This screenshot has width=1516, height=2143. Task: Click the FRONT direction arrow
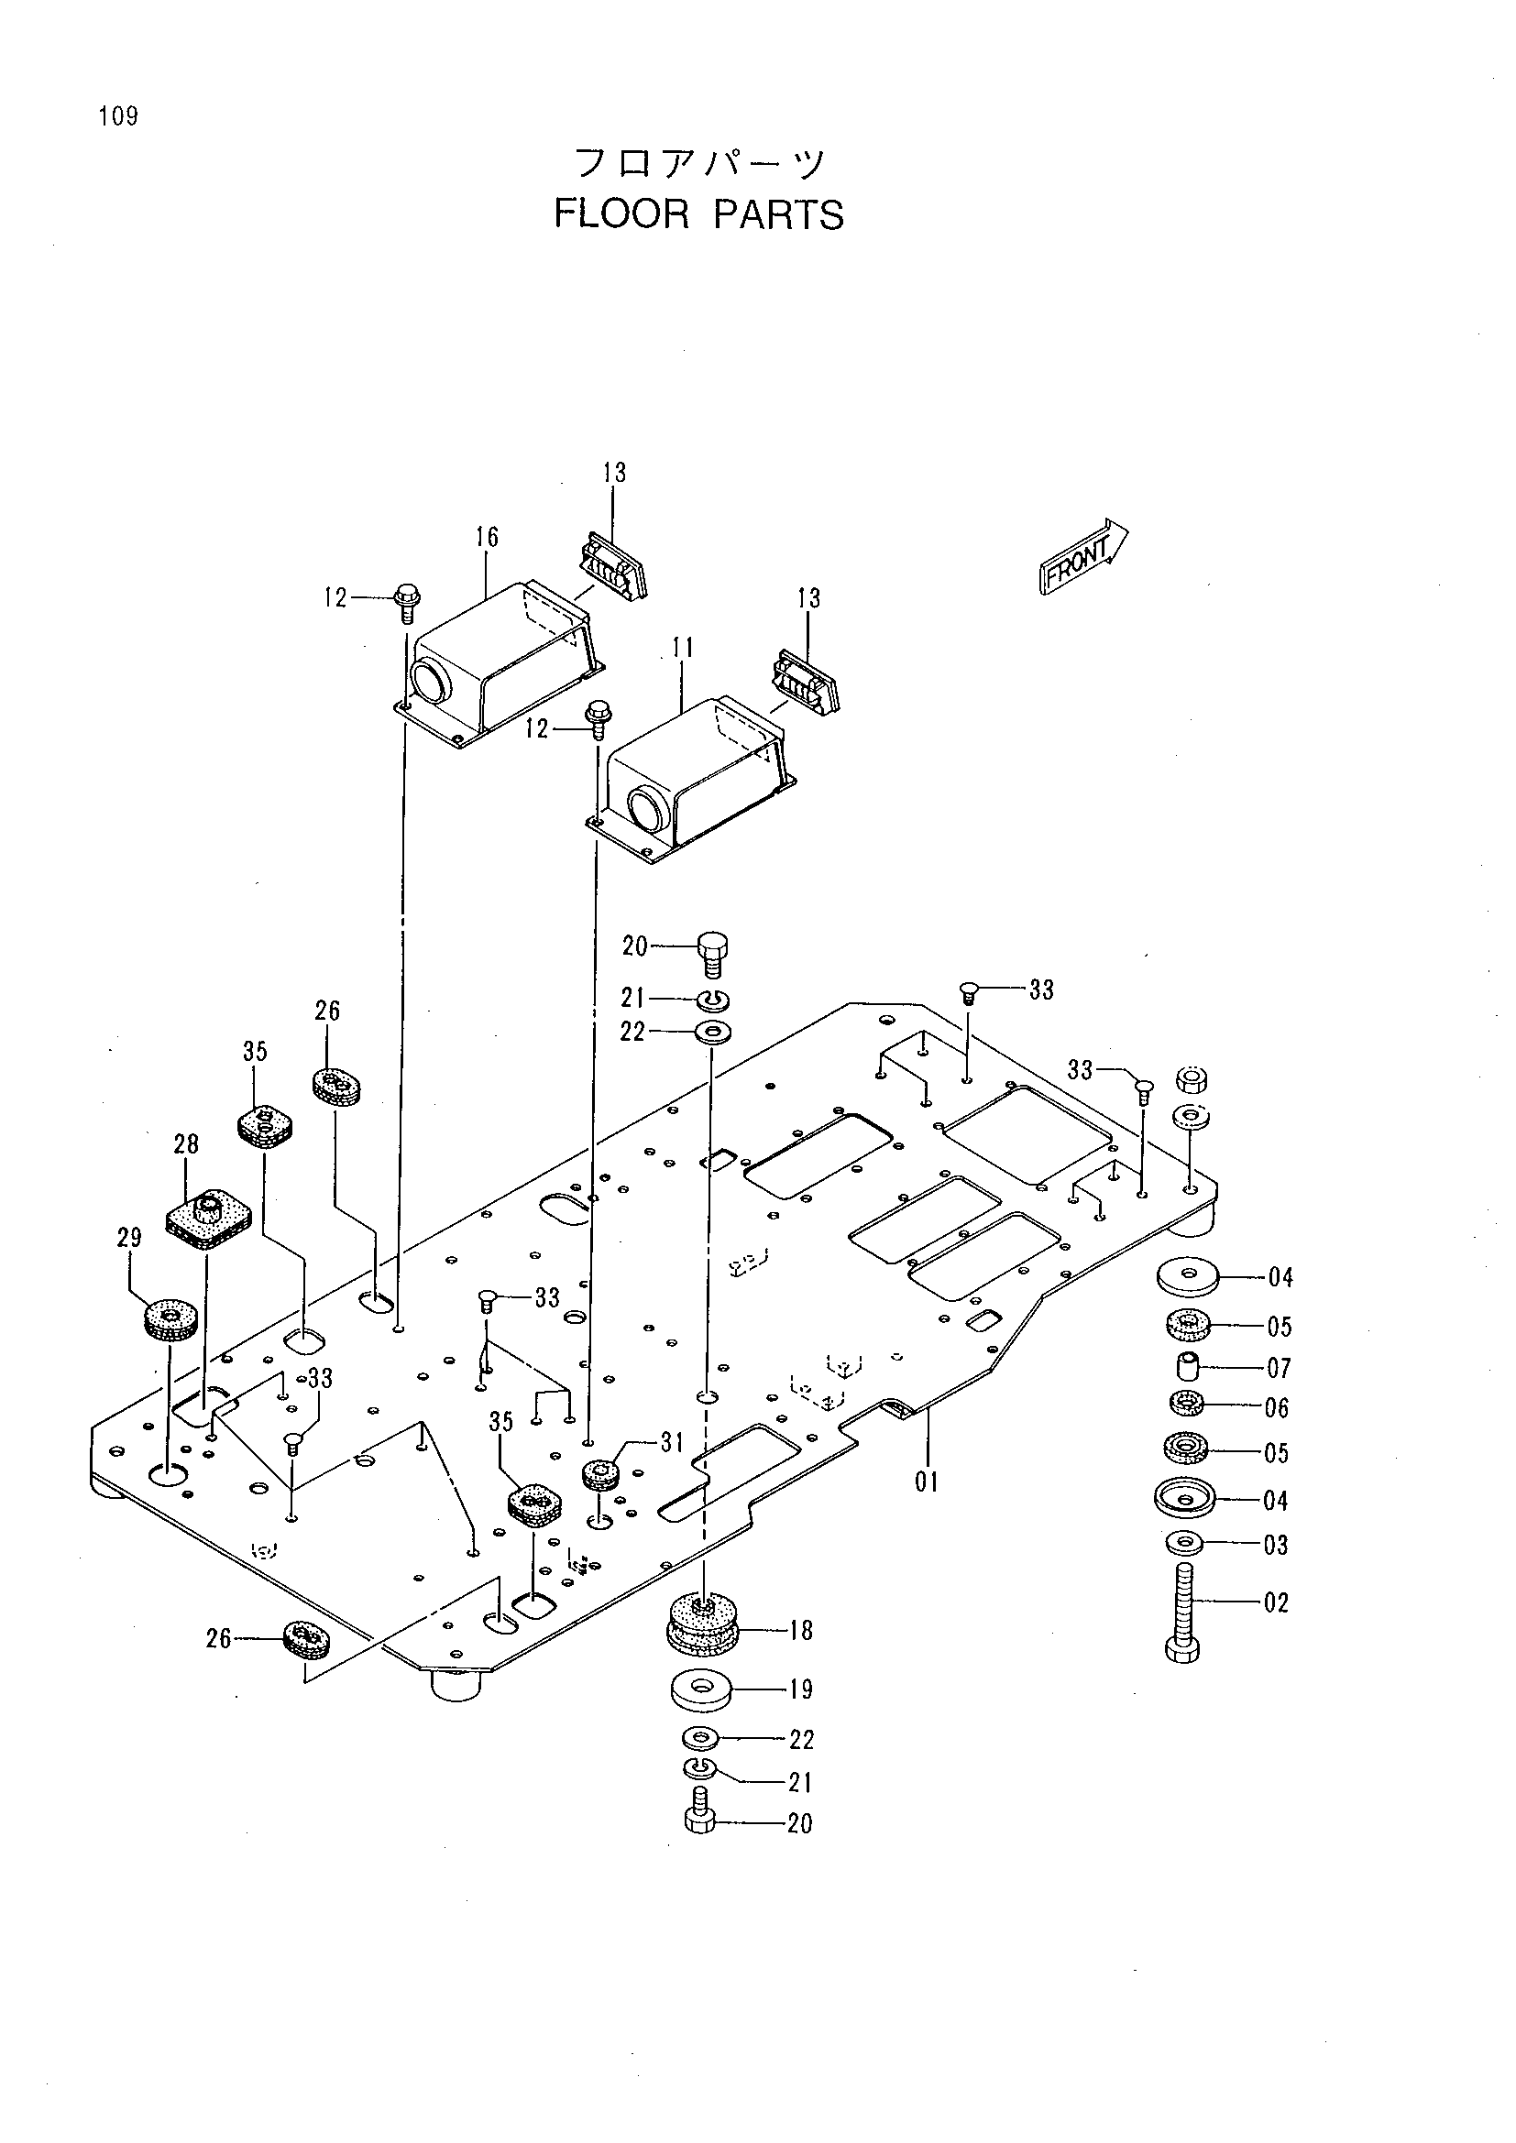(x=1083, y=557)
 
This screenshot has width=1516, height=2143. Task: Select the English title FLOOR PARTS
(x=699, y=214)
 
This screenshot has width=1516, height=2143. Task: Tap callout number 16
(x=487, y=537)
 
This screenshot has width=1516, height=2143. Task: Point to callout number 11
(x=683, y=648)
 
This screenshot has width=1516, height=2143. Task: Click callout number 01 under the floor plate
(x=927, y=1482)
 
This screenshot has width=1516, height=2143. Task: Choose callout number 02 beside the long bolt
(x=1276, y=1602)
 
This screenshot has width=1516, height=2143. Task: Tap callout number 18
(x=801, y=1631)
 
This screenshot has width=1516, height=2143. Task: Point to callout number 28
(x=186, y=1144)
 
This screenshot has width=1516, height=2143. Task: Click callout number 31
(x=672, y=1443)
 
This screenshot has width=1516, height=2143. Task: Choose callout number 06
(x=1276, y=1407)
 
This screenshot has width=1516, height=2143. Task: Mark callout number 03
(x=1276, y=1546)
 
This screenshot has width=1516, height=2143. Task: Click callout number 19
(x=801, y=1689)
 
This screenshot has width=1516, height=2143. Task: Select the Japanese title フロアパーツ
(x=699, y=164)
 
